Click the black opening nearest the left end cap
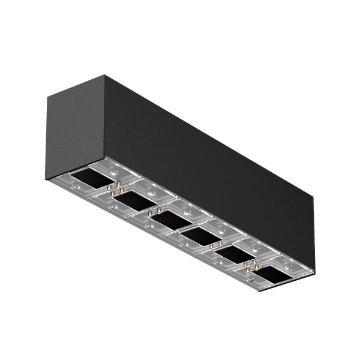[x=87, y=178]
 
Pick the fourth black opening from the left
[x=199, y=236]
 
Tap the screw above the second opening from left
[x=152, y=193]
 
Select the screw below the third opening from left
[x=148, y=226]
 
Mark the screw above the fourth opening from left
[x=223, y=230]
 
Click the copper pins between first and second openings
[x=115, y=189]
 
